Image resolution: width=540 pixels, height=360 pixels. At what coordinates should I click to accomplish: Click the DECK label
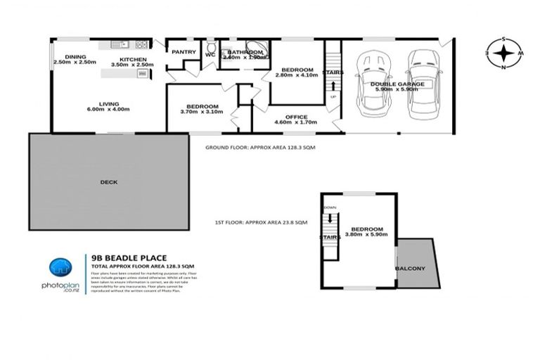pyautogui.click(x=109, y=181)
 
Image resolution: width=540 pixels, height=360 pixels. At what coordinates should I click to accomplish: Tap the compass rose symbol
pyautogui.click(x=503, y=53)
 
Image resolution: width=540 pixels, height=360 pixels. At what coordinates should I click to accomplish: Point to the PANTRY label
pyautogui.click(x=184, y=51)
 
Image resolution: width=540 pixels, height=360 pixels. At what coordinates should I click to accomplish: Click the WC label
pyautogui.click(x=210, y=54)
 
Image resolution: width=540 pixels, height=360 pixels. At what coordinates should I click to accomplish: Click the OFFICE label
pyautogui.click(x=296, y=117)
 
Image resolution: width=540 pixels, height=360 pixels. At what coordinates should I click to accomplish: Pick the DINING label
pyautogui.click(x=75, y=57)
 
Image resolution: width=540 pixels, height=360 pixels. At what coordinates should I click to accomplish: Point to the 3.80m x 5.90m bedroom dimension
pyautogui.click(x=368, y=236)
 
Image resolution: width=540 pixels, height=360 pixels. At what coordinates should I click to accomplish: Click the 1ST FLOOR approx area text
pyautogui.click(x=261, y=222)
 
